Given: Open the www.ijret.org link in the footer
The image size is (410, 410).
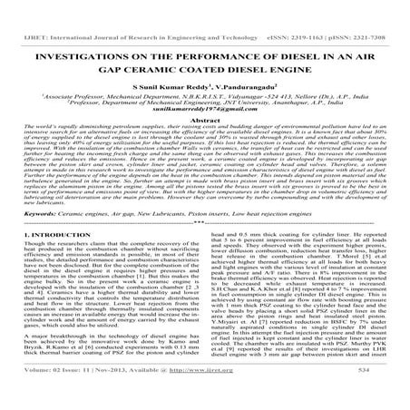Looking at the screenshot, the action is click(x=233, y=396).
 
